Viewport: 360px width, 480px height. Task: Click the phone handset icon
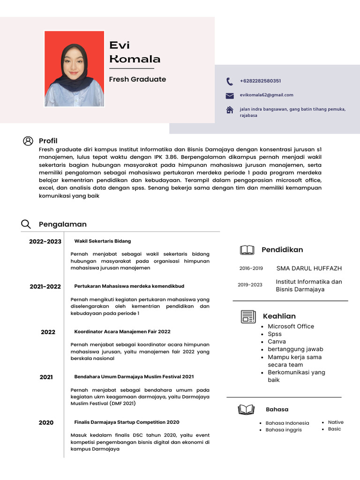click(229, 81)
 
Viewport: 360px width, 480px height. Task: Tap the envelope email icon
click(230, 96)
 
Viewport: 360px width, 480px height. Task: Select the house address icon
click(230, 110)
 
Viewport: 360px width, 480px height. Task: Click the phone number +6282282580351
click(260, 81)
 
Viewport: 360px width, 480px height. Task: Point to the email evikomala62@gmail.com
click(266, 95)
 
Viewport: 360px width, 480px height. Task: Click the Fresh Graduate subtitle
click(137, 79)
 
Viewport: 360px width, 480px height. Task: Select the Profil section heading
click(48, 141)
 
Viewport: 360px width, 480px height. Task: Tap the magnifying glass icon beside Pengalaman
click(26, 225)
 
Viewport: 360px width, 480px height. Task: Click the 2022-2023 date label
click(45, 241)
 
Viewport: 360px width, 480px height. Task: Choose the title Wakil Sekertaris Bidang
click(103, 241)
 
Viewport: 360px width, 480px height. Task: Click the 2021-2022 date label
click(45, 286)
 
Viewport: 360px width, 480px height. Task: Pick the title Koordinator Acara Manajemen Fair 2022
click(122, 331)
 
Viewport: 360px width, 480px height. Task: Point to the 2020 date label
click(46, 422)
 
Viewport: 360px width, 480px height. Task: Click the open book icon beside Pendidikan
click(247, 250)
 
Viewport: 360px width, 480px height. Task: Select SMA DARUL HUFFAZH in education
click(309, 269)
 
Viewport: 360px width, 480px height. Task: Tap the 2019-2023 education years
click(250, 285)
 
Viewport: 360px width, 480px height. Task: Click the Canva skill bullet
click(277, 342)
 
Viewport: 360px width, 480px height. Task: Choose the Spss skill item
click(275, 334)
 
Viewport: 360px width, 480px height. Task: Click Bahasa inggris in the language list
click(284, 430)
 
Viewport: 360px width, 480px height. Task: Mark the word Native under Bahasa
click(336, 422)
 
